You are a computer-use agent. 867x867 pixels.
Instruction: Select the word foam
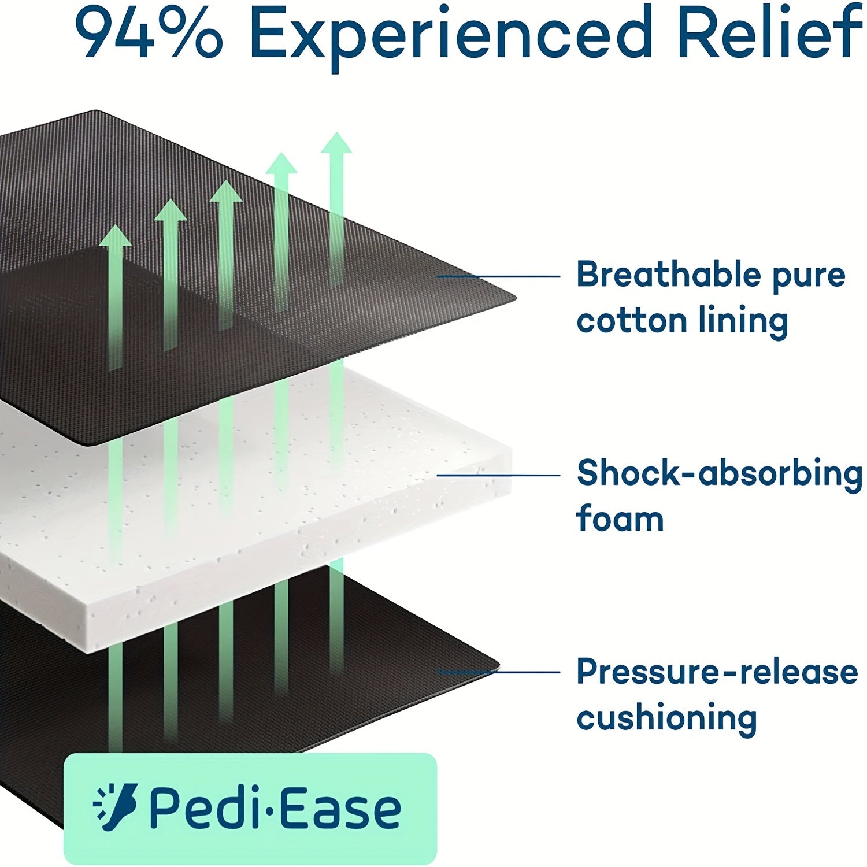pyautogui.click(x=620, y=518)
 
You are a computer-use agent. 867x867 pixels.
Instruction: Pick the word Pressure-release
pyautogui.click(x=717, y=672)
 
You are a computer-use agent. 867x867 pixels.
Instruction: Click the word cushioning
pyautogui.click(x=667, y=718)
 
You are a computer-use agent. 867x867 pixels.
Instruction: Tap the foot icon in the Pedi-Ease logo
pyautogui.click(x=116, y=807)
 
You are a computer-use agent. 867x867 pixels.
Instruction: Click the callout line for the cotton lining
pyautogui.click(x=498, y=276)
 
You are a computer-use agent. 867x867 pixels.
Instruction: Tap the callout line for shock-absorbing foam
pyautogui.click(x=498, y=475)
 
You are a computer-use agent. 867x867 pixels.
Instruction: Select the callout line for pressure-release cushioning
pyautogui.click(x=498, y=672)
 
